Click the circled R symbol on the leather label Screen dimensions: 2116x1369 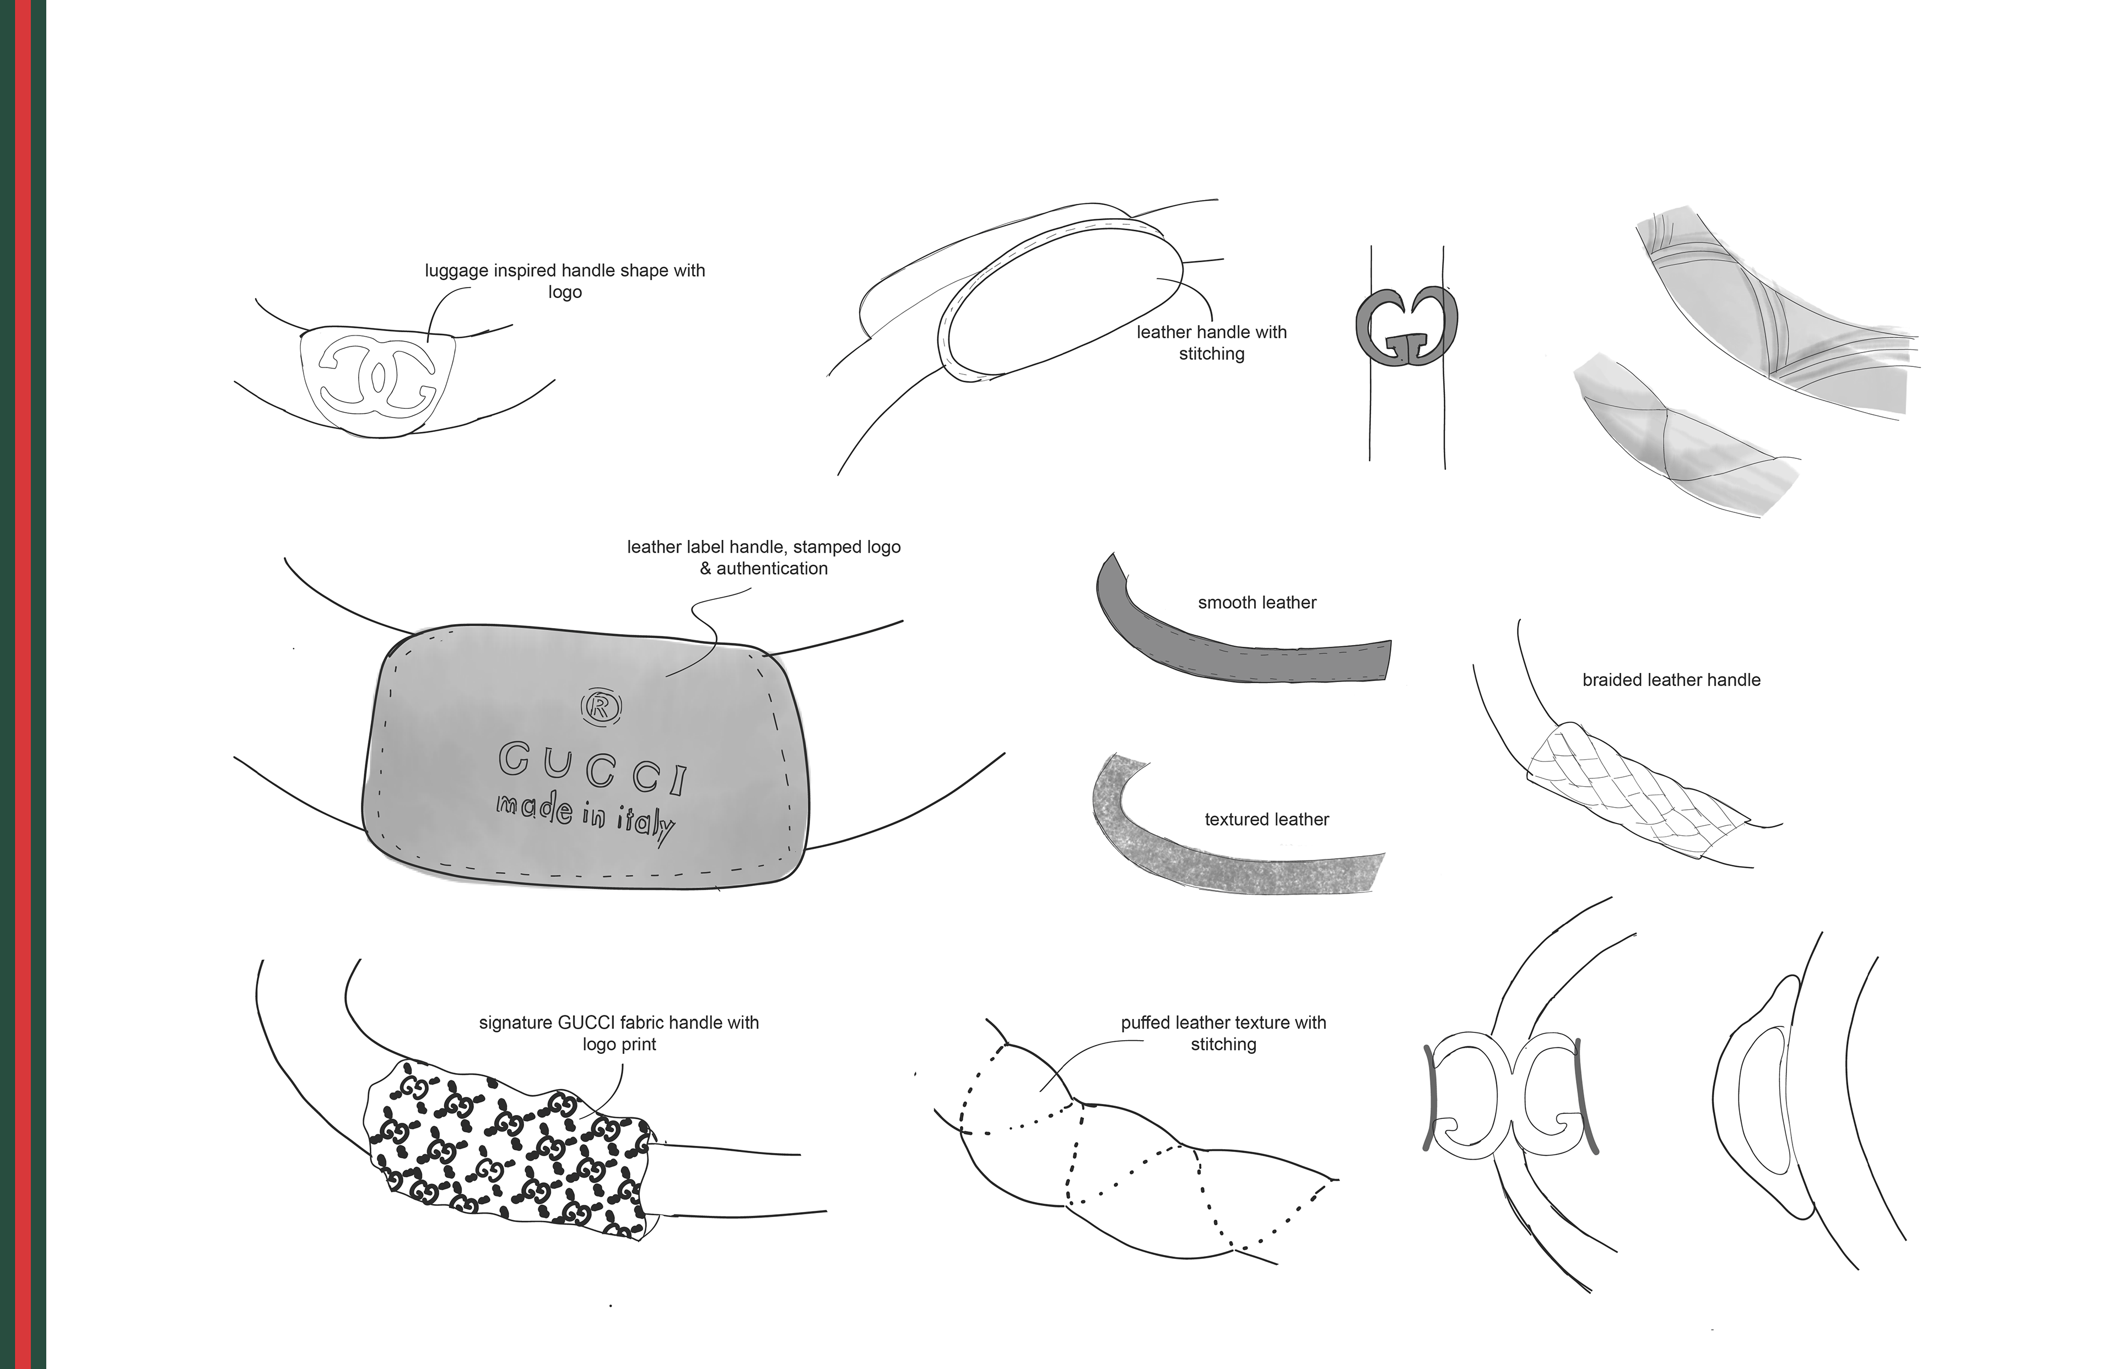coord(601,706)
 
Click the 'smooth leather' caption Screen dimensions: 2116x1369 coord(1256,603)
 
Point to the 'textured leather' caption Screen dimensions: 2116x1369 coord(1266,820)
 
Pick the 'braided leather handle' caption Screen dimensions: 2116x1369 coord(1671,680)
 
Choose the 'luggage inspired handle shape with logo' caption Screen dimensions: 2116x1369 coord(565,281)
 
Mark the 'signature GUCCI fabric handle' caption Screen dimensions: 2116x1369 coord(619,1022)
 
